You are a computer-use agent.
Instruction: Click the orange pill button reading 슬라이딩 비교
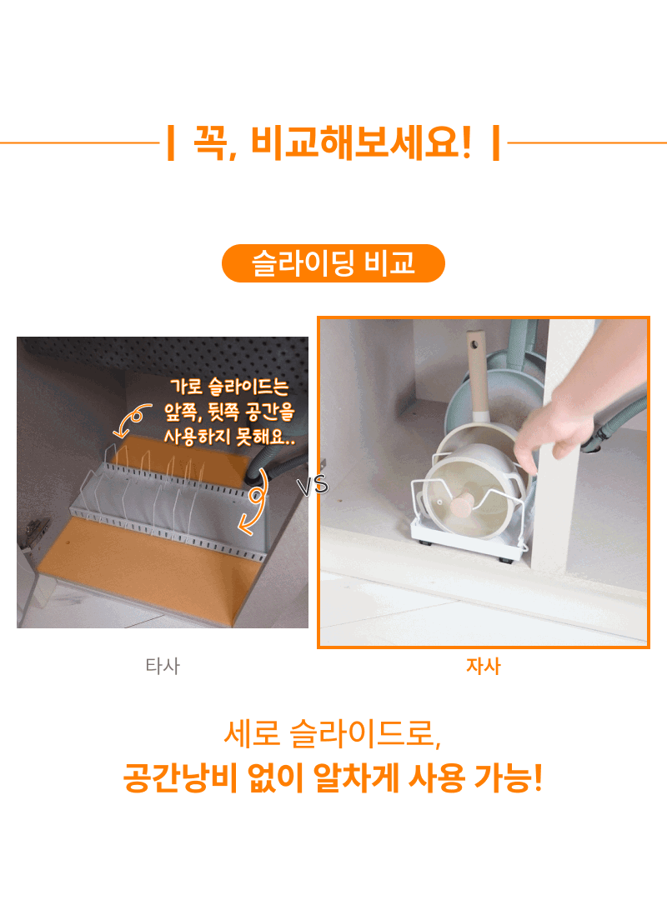point(333,263)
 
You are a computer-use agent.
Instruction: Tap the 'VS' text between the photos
point(313,486)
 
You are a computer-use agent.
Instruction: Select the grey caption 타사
point(163,666)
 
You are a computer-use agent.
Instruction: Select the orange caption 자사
point(484,666)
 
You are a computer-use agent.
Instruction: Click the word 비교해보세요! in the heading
point(361,142)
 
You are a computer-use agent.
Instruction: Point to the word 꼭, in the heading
point(215,142)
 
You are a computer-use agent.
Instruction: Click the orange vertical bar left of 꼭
point(170,143)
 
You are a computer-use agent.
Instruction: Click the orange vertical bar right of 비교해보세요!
point(496,143)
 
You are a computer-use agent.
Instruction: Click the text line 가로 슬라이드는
point(229,387)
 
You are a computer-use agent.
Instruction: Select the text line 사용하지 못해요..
point(229,437)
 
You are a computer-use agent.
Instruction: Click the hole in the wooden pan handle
point(474,345)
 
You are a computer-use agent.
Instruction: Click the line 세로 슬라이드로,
point(332,734)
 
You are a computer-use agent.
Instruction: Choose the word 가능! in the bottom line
point(509,778)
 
